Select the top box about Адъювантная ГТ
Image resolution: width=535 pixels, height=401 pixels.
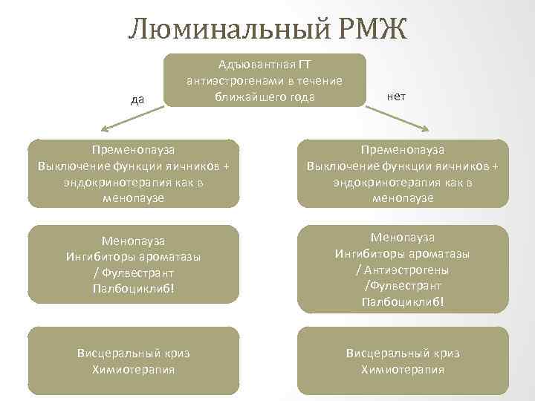tap(265, 80)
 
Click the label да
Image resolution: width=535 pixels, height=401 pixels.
tap(137, 100)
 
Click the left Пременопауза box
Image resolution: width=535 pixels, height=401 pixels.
tap(134, 173)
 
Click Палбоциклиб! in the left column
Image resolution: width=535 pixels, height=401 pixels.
tap(134, 286)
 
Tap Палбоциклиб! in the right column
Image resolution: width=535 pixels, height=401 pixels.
tap(403, 301)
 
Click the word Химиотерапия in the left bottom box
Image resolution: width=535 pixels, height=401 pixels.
tap(134, 369)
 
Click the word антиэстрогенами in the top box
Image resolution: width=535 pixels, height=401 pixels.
tap(233, 81)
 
